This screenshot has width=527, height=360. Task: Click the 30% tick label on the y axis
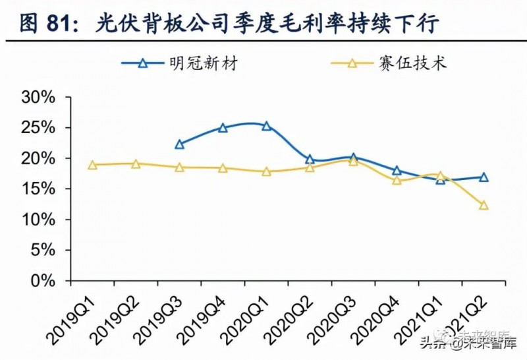point(39,98)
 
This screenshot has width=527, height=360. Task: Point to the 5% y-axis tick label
point(43,251)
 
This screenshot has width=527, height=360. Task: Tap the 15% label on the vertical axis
point(39,189)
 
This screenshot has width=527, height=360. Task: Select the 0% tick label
point(43,281)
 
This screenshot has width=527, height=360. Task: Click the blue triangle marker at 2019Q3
point(179,144)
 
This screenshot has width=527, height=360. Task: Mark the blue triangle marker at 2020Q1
point(266,126)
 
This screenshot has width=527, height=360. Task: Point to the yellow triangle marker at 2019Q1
point(92,165)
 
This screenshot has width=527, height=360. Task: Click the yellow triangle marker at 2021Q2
point(484,205)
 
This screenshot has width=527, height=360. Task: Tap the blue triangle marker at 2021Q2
point(484,177)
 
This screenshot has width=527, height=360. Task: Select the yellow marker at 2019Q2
point(136,164)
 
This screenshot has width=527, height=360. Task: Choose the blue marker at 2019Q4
point(223,128)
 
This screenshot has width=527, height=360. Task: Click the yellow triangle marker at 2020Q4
point(397,180)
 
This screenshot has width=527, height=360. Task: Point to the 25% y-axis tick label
point(39,128)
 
